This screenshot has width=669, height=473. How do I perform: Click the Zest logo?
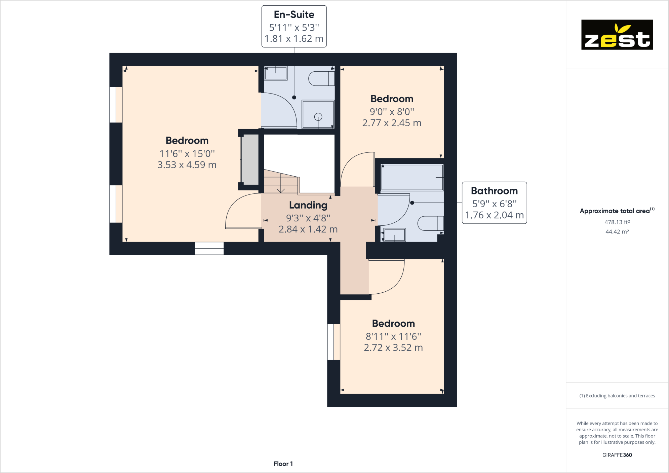click(617, 35)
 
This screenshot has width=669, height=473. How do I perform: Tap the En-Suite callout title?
click(294, 14)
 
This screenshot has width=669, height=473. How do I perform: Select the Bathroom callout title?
click(494, 191)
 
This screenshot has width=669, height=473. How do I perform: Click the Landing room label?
click(308, 205)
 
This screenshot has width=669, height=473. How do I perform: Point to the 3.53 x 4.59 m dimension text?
click(187, 165)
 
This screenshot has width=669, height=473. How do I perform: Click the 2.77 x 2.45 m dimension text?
click(392, 123)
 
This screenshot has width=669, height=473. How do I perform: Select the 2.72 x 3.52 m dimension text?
click(393, 348)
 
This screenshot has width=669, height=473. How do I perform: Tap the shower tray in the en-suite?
click(318, 114)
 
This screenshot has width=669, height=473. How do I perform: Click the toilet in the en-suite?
click(321, 78)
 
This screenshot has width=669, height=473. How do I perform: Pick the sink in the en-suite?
click(276, 73)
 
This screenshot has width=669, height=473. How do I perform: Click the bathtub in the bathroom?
click(412, 177)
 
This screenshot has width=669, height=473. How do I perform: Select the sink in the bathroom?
click(394, 235)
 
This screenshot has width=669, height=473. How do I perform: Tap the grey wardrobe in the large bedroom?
click(250, 158)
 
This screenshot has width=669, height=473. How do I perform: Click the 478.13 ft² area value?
click(617, 222)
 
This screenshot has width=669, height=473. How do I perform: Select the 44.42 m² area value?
click(617, 232)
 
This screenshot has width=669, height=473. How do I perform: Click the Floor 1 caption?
click(283, 464)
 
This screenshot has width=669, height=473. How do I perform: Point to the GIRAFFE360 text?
click(617, 455)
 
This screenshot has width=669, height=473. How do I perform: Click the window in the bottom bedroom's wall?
click(333, 342)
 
